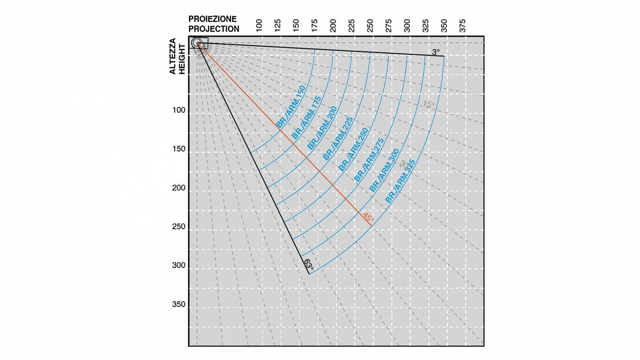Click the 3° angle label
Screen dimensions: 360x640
436,52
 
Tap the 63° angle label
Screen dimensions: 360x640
309,264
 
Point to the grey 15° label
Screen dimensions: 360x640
428,104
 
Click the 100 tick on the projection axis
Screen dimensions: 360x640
259,25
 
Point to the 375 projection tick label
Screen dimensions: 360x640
463,25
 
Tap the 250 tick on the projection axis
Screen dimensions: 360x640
370,25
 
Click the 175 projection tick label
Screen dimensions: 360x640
315,25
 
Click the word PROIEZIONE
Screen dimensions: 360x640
212,19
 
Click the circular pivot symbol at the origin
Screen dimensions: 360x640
197,43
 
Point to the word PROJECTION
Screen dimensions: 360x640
214,29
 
